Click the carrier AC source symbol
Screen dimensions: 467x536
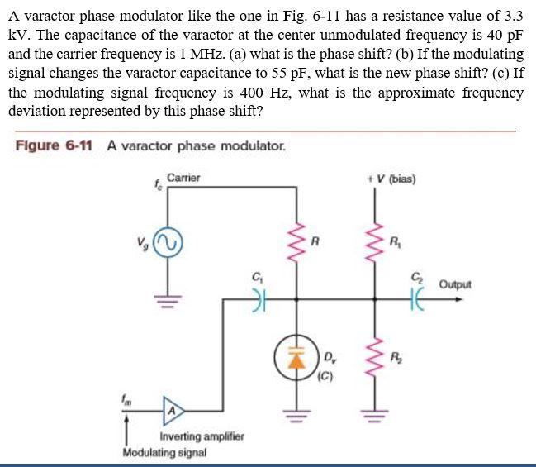pos(171,242)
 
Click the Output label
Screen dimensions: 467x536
pos(455,284)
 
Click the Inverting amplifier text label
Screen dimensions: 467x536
pos(201,436)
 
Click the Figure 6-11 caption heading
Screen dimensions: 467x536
pos(53,145)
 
